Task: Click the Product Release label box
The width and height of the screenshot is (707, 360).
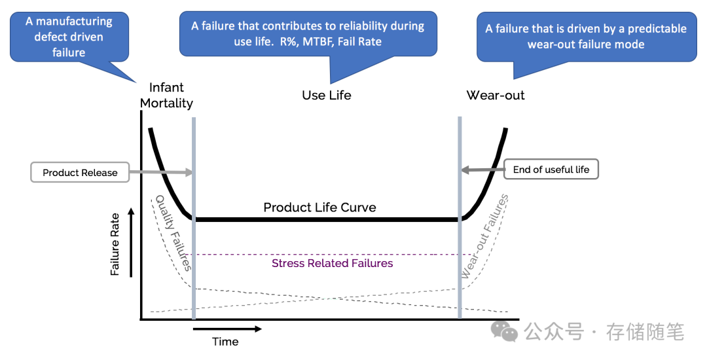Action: click(80, 172)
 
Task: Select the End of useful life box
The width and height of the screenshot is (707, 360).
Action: click(551, 170)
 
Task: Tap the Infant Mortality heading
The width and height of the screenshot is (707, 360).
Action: click(166, 95)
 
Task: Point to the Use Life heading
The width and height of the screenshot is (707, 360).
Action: click(327, 95)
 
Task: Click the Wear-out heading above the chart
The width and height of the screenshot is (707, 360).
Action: click(496, 95)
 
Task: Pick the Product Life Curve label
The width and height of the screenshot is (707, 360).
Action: click(319, 207)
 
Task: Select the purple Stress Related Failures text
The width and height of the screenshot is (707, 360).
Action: click(333, 263)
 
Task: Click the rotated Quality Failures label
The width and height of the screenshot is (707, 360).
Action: click(173, 232)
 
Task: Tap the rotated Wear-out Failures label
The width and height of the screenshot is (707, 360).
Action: click(484, 236)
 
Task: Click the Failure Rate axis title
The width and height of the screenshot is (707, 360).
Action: click(115, 244)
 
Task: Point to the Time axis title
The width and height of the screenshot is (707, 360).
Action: click(225, 342)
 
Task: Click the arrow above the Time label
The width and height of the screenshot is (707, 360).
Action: click(227, 329)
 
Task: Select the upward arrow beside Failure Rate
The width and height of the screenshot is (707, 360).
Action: click(131, 242)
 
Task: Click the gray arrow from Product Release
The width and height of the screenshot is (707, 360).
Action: click(161, 171)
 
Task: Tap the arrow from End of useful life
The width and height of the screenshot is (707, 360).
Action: click(482, 170)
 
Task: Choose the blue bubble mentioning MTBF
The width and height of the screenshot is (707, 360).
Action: click(308, 34)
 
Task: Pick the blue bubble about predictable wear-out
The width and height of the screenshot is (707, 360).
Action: click(586, 37)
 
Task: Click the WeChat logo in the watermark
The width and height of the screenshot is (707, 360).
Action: click(505, 331)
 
